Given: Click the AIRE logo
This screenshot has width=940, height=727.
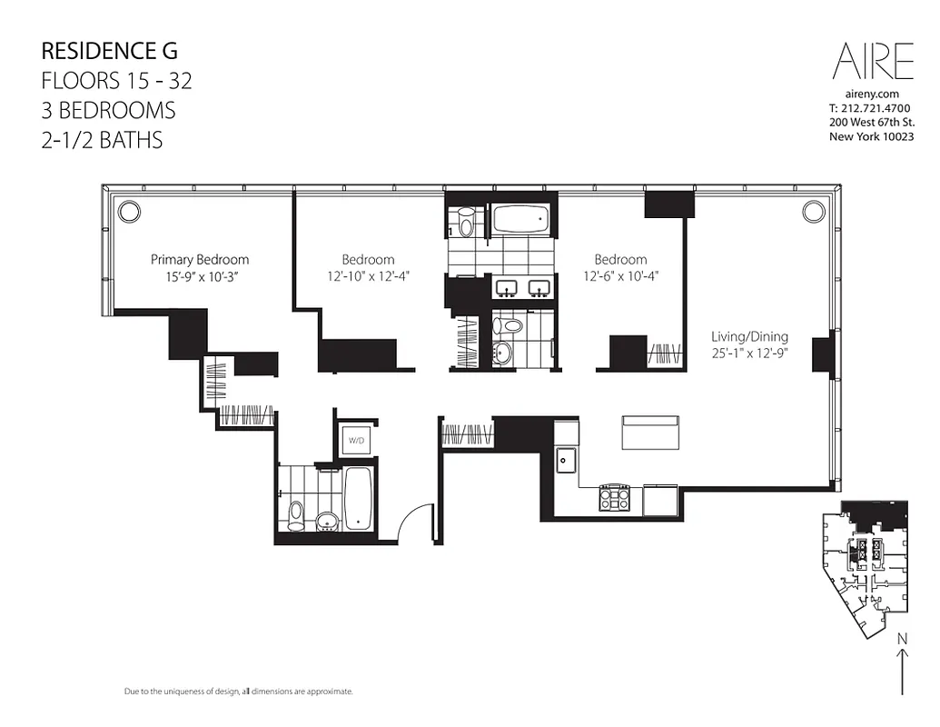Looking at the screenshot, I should point(872,61).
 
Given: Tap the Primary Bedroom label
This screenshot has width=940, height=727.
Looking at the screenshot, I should point(200,259).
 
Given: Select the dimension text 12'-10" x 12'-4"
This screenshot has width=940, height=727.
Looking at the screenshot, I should point(368,276).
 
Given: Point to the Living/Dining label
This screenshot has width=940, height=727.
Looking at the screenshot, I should point(749,336).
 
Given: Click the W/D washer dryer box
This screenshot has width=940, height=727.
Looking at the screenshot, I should point(354,442).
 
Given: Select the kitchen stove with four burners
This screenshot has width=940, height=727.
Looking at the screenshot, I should point(614,496).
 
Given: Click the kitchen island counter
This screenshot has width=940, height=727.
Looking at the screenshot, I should point(650,432).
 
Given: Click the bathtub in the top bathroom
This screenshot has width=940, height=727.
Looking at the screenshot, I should point(519,220).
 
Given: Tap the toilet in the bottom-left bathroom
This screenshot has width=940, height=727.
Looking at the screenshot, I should point(295,514).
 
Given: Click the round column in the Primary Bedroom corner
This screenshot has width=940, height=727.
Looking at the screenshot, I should point(129,212).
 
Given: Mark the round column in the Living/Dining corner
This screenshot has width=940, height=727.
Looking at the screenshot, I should point(811,212).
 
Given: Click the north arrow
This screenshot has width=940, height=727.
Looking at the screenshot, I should point(902,664).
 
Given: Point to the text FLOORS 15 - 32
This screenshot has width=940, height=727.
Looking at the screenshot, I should point(116,81).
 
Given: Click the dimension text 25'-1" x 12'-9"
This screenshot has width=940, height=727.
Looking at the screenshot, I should point(749,354).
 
